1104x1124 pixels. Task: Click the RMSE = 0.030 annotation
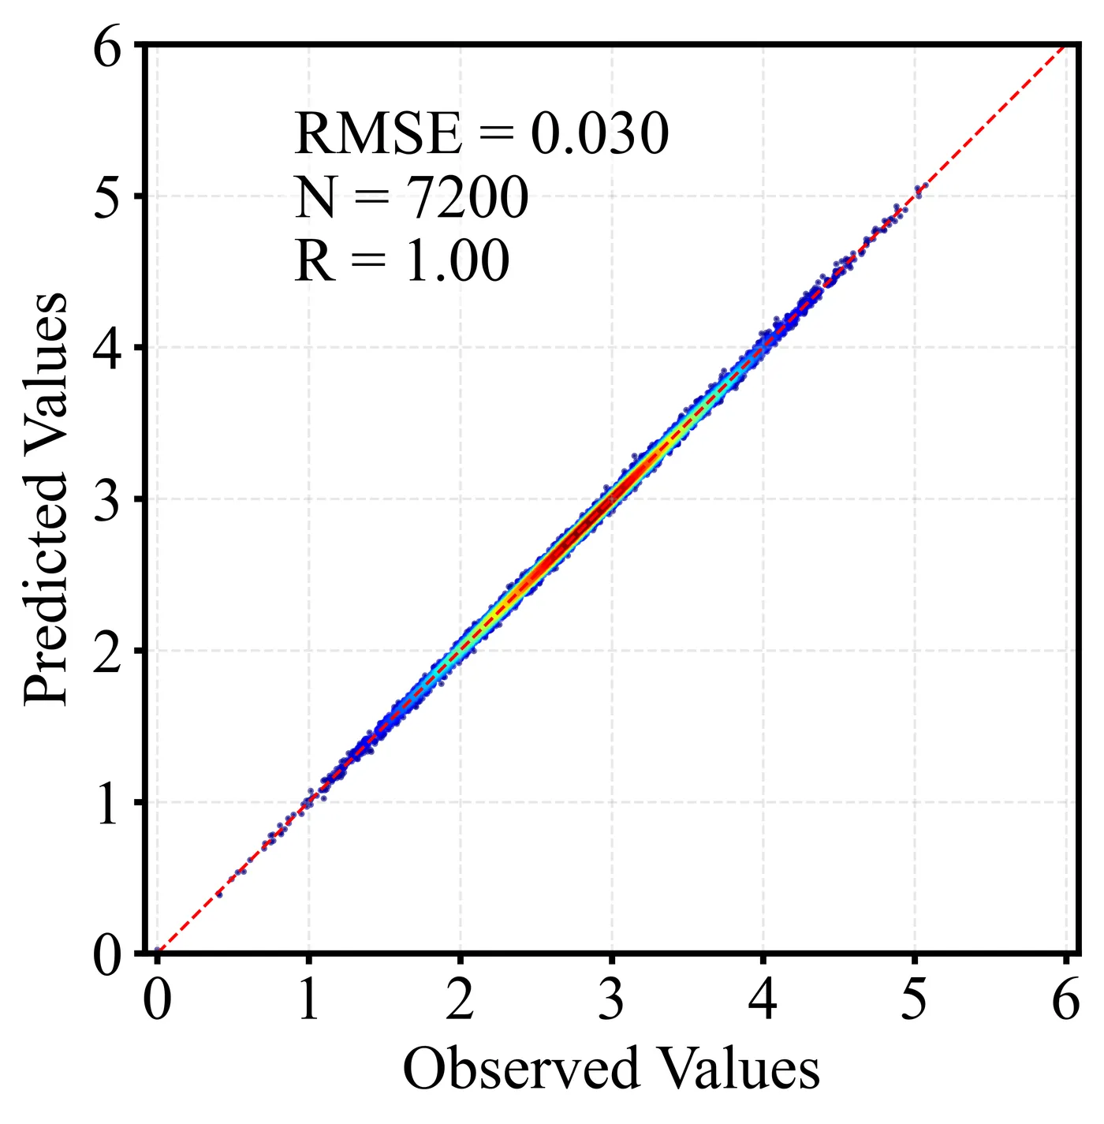[481, 133]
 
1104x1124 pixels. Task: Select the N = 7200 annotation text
[411, 197]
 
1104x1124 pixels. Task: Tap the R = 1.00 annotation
[402, 261]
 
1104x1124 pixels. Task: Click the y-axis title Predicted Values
[46, 499]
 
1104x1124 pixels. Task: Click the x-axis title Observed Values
[611, 1070]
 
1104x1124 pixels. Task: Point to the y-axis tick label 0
[108, 955]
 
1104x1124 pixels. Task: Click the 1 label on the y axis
[108, 805]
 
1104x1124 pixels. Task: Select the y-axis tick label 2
[108, 653]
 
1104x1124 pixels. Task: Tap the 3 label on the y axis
[108, 502]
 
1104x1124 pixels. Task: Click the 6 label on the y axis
[108, 49]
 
